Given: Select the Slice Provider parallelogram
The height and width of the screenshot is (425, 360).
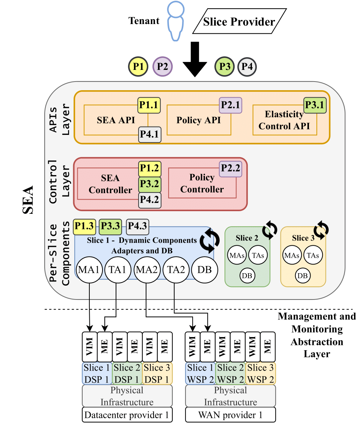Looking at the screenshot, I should coord(239,22).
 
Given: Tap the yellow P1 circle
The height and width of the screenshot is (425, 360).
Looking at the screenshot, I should coord(139,67).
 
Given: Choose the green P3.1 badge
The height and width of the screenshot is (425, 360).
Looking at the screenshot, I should coord(315,105).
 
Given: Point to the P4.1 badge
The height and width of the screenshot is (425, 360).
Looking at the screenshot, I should coord(150,135).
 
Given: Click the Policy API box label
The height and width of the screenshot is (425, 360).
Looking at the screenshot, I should coord(199,121).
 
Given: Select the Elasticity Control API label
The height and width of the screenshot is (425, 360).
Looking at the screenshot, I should coord(284,120).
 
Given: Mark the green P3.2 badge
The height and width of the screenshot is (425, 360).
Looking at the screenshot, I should coord(150,185).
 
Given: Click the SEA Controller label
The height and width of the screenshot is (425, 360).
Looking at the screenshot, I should coord(110,184).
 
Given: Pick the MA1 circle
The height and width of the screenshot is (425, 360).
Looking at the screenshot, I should coord(89,269).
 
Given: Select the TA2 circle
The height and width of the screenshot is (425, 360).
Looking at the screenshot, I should coord(175,269).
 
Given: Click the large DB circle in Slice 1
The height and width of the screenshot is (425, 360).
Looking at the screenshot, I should coord(205,269).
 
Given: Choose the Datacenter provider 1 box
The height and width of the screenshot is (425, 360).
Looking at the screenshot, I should coord(127,415).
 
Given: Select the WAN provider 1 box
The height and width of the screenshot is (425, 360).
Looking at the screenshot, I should coord(230,415).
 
